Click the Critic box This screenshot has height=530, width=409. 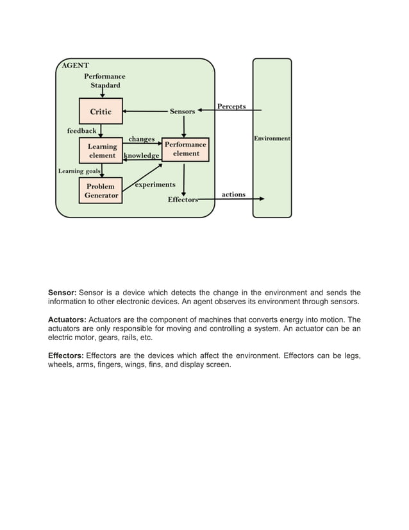100,111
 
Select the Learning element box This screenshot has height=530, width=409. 101,150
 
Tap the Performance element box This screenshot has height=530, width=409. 185,149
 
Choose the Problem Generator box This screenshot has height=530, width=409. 101,191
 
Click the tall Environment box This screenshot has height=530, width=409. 272,138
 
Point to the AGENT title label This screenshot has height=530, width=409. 75,65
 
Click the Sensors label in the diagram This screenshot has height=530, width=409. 182,112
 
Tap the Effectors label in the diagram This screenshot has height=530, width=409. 183,200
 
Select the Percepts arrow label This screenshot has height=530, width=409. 231,106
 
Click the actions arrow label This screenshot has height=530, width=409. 233,194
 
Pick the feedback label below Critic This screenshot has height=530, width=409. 81,131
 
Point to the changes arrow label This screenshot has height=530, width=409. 141,139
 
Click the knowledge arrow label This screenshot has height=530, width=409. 141,155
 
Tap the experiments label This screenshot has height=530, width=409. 155,185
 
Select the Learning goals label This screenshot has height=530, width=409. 79,171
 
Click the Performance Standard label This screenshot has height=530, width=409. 104,81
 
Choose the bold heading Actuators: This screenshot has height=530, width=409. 67,320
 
